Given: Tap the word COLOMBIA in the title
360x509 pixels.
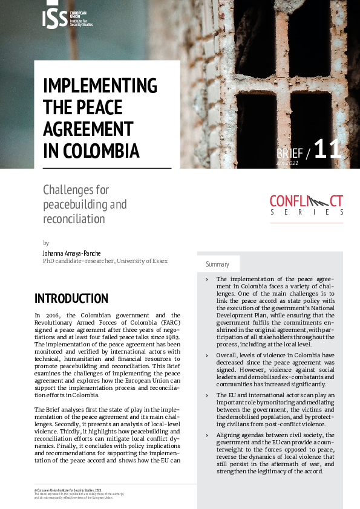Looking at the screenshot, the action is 100,150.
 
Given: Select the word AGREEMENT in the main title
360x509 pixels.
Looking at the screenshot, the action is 88,129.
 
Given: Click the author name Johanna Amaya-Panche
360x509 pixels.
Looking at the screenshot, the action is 71,253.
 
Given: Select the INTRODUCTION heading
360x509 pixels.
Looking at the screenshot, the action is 71,299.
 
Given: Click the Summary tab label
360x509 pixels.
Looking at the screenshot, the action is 218,264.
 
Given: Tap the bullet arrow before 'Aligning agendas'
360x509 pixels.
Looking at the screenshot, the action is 206,435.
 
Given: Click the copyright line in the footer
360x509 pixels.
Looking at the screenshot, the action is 68,490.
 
